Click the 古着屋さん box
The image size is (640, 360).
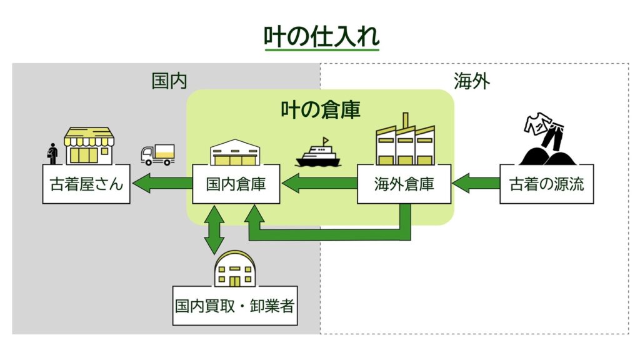(86, 184)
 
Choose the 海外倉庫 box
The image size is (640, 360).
(404, 184)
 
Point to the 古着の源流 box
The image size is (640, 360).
(547, 184)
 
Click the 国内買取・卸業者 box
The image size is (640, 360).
(234, 306)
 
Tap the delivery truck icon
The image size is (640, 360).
(157, 154)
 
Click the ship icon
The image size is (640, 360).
(318, 153)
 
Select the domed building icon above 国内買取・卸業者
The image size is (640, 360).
(235, 267)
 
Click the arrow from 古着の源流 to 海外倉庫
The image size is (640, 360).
(476, 184)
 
